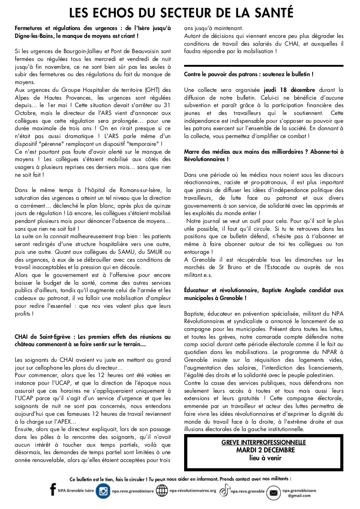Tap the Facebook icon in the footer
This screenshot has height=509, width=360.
pyautogui.click(x=53, y=490)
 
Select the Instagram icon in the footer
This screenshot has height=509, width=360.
pyautogui.click(x=103, y=491)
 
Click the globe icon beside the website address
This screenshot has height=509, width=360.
pyautogui.click(x=162, y=491)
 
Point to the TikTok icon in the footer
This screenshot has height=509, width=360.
pyautogui.click(x=224, y=491)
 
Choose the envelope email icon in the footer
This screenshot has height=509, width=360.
pyautogui.click(x=273, y=492)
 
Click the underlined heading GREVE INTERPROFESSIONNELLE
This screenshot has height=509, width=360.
pyautogui.click(x=263, y=442)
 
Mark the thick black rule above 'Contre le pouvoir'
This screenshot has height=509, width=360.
pyautogui.click(x=263, y=66)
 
